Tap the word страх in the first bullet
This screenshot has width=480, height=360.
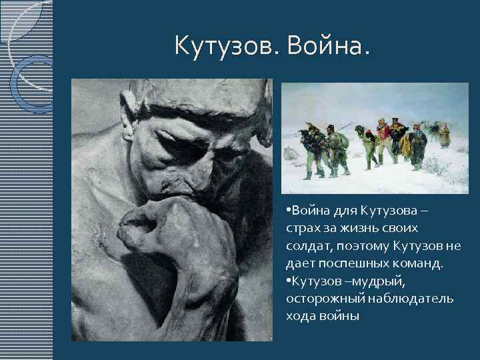coord(302,229)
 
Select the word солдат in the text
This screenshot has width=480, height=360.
coord(307,247)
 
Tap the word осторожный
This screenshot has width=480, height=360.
coord(325,299)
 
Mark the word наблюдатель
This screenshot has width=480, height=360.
coord(411,299)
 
